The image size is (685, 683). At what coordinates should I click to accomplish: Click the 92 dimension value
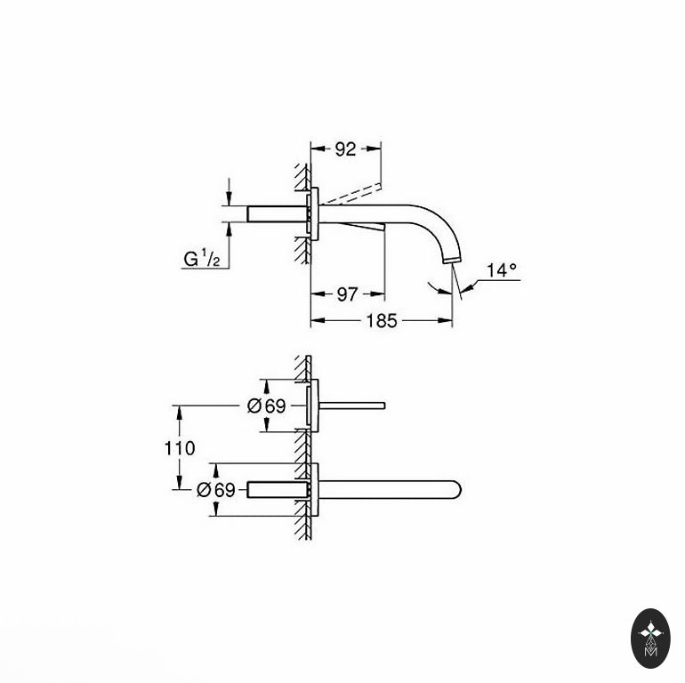point(345,149)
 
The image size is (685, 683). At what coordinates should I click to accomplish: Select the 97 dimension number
point(347,294)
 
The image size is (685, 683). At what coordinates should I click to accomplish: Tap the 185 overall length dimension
point(382,321)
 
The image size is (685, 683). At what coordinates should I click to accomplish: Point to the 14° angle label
point(502,270)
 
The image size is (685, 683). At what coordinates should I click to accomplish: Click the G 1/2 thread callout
point(201,259)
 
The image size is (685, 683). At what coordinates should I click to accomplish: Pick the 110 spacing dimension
point(180,448)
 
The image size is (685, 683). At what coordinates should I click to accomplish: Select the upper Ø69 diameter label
point(267,406)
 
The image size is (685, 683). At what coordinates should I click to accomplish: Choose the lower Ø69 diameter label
point(216,489)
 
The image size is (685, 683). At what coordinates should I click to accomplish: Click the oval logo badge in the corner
point(650,638)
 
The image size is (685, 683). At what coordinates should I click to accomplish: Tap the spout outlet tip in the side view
point(452,261)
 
